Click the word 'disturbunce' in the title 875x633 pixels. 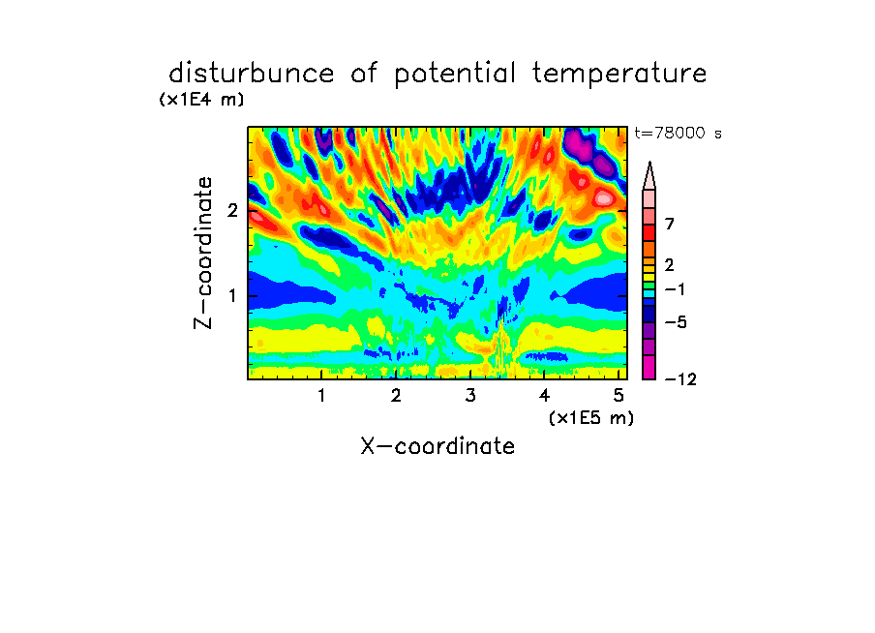click(x=252, y=74)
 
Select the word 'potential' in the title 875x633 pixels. click(x=455, y=75)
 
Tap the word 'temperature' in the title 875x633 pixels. click(x=619, y=75)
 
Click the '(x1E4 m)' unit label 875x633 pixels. click(x=201, y=100)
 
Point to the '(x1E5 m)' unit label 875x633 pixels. click(x=591, y=417)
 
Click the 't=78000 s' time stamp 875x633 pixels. click(x=678, y=133)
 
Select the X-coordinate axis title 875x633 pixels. click(x=437, y=446)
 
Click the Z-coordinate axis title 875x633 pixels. click(x=203, y=253)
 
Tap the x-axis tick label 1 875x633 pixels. click(x=321, y=396)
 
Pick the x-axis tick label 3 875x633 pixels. click(x=470, y=396)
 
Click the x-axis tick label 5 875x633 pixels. click(x=619, y=396)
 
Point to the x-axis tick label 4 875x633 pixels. click(x=544, y=396)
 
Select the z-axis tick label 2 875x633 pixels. click(x=232, y=210)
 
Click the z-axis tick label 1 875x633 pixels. click(x=232, y=296)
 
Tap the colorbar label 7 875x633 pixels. click(x=670, y=224)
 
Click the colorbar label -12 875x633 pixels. click(x=680, y=379)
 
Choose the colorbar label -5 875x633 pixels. click(x=676, y=322)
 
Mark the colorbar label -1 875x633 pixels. click(x=675, y=289)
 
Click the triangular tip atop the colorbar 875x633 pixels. click(x=649, y=163)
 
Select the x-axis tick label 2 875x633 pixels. click(x=396, y=396)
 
